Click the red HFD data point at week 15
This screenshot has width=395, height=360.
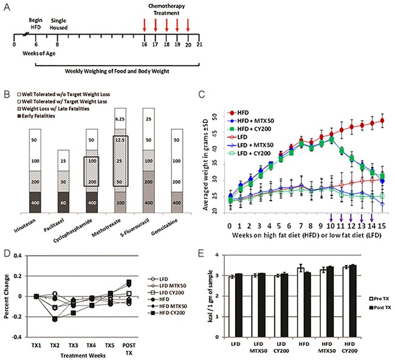[381, 120]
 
